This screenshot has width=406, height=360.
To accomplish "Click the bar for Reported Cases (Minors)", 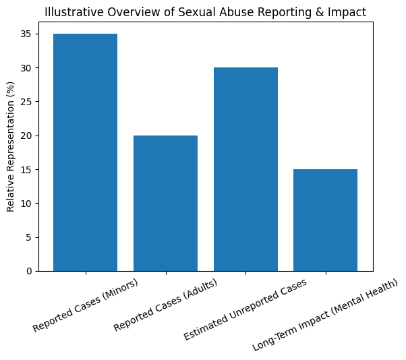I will point(85,152).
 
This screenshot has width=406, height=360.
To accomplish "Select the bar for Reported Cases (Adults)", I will point(165,203).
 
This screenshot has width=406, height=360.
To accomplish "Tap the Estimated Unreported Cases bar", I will point(245,169).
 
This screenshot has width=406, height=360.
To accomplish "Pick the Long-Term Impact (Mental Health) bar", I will point(325,220).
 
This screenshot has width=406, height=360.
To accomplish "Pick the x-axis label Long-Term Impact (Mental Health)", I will point(325,314).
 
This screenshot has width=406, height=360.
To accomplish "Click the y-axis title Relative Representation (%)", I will point(11,146).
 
